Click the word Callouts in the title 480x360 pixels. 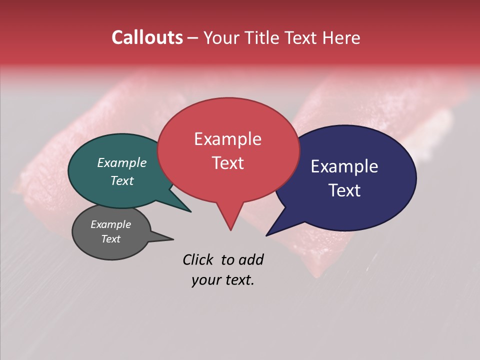click(x=147, y=37)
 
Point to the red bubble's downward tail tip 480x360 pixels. click(x=230, y=229)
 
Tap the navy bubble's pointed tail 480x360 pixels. click(x=268, y=234)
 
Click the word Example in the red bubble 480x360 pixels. click(x=227, y=139)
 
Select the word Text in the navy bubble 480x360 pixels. click(x=344, y=190)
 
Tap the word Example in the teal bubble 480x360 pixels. click(x=122, y=162)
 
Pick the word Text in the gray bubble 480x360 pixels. click(x=111, y=239)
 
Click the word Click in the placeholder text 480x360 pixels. click(x=198, y=259)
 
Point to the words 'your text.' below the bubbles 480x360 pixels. click(x=223, y=280)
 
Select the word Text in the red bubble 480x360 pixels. click(x=227, y=163)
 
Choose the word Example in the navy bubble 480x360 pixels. click(x=344, y=166)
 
